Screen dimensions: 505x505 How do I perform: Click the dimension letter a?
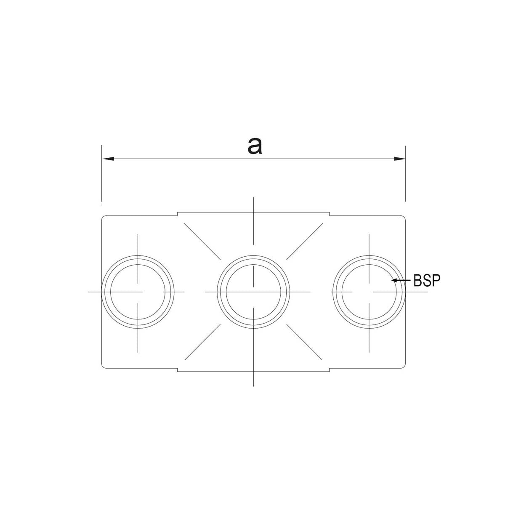click(255, 146)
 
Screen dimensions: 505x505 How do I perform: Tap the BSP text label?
click(427, 280)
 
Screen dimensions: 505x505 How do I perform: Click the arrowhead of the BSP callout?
click(393, 280)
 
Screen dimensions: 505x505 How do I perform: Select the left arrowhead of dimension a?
click(109, 159)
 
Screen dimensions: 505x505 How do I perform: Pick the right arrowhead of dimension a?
click(400, 159)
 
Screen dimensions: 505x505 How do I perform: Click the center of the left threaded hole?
click(138, 292)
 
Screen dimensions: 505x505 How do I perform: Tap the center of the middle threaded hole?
click(253, 292)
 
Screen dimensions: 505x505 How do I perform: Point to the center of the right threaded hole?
click(369, 292)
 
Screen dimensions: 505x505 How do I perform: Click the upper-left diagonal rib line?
click(202, 242)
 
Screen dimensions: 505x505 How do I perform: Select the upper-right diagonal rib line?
click(305, 242)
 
